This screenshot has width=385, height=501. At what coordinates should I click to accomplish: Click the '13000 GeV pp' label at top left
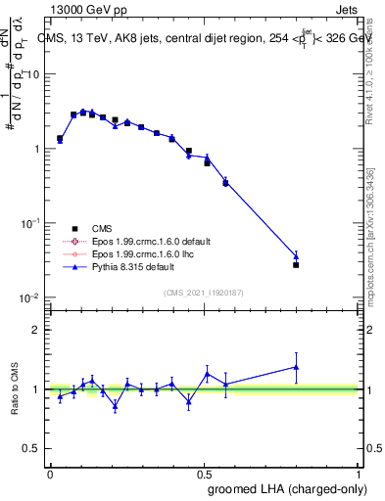[89, 9]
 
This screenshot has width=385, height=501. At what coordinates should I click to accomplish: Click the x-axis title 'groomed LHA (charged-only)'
[281, 488]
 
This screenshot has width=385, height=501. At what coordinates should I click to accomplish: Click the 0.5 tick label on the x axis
[204, 474]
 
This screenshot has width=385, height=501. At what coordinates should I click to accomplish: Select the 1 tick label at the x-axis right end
[359, 474]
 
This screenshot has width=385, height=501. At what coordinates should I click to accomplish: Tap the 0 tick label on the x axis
[50, 474]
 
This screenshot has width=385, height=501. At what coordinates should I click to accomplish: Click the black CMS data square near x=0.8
[296, 265]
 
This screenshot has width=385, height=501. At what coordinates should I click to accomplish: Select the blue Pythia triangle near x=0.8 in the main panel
[296, 256]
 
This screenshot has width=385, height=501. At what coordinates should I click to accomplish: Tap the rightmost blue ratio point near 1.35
[296, 367]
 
